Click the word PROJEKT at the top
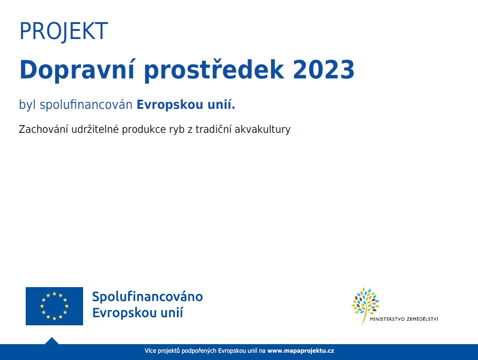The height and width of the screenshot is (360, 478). pyautogui.click(x=64, y=31)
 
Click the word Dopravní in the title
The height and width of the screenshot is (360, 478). pyautogui.click(x=77, y=70)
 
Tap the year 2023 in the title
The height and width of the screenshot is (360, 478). pyautogui.click(x=324, y=70)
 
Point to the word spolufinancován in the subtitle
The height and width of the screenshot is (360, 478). pyautogui.click(x=86, y=105)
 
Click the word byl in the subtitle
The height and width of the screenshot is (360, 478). pyautogui.click(x=27, y=105)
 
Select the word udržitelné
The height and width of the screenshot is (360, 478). pyautogui.click(x=95, y=129)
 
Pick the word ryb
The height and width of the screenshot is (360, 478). pyautogui.click(x=177, y=130)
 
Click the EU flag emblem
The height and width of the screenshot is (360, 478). pyautogui.click(x=54, y=306)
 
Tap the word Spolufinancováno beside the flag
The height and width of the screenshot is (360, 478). pyautogui.click(x=147, y=297)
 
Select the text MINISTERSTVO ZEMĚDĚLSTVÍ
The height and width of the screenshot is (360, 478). pyautogui.click(x=404, y=319)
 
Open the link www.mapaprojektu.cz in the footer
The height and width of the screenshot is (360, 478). pyautogui.click(x=301, y=351)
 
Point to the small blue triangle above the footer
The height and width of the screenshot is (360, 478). pyautogui.click(x=52, y=341)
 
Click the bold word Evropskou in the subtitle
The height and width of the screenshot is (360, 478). pyautogui.click(x=170, y=105)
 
